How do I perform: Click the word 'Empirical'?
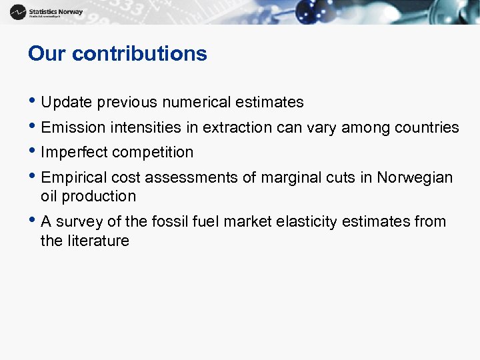[72, 178]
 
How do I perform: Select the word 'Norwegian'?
[415, 178]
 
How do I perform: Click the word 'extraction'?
[238, 127]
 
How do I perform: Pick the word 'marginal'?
[288, 178]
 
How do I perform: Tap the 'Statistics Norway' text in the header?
[56, 11]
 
